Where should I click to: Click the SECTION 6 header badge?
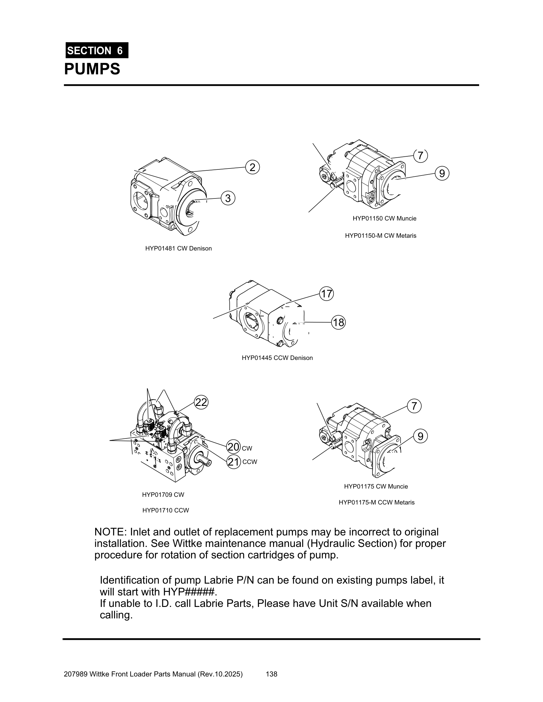(97, 50)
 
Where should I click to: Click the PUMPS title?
(92, 69)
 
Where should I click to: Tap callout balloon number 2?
(253, 168)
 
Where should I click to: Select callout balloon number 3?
(228, 198)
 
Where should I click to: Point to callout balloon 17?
(326, 294)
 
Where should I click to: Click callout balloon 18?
(338, 322)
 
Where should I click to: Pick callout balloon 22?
(201, 402)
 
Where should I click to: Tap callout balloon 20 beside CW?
(233, 447)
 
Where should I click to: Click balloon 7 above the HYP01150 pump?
(420, 156)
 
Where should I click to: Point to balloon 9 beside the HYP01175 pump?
(420, 437)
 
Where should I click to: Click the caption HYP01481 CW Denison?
(179, 249)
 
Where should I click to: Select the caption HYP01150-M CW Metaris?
(380, 235)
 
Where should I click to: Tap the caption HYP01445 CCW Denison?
(277, 358)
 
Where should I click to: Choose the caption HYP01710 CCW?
(166, 510)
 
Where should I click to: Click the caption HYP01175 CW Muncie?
(376, 486)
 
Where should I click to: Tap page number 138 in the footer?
(271, 674)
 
